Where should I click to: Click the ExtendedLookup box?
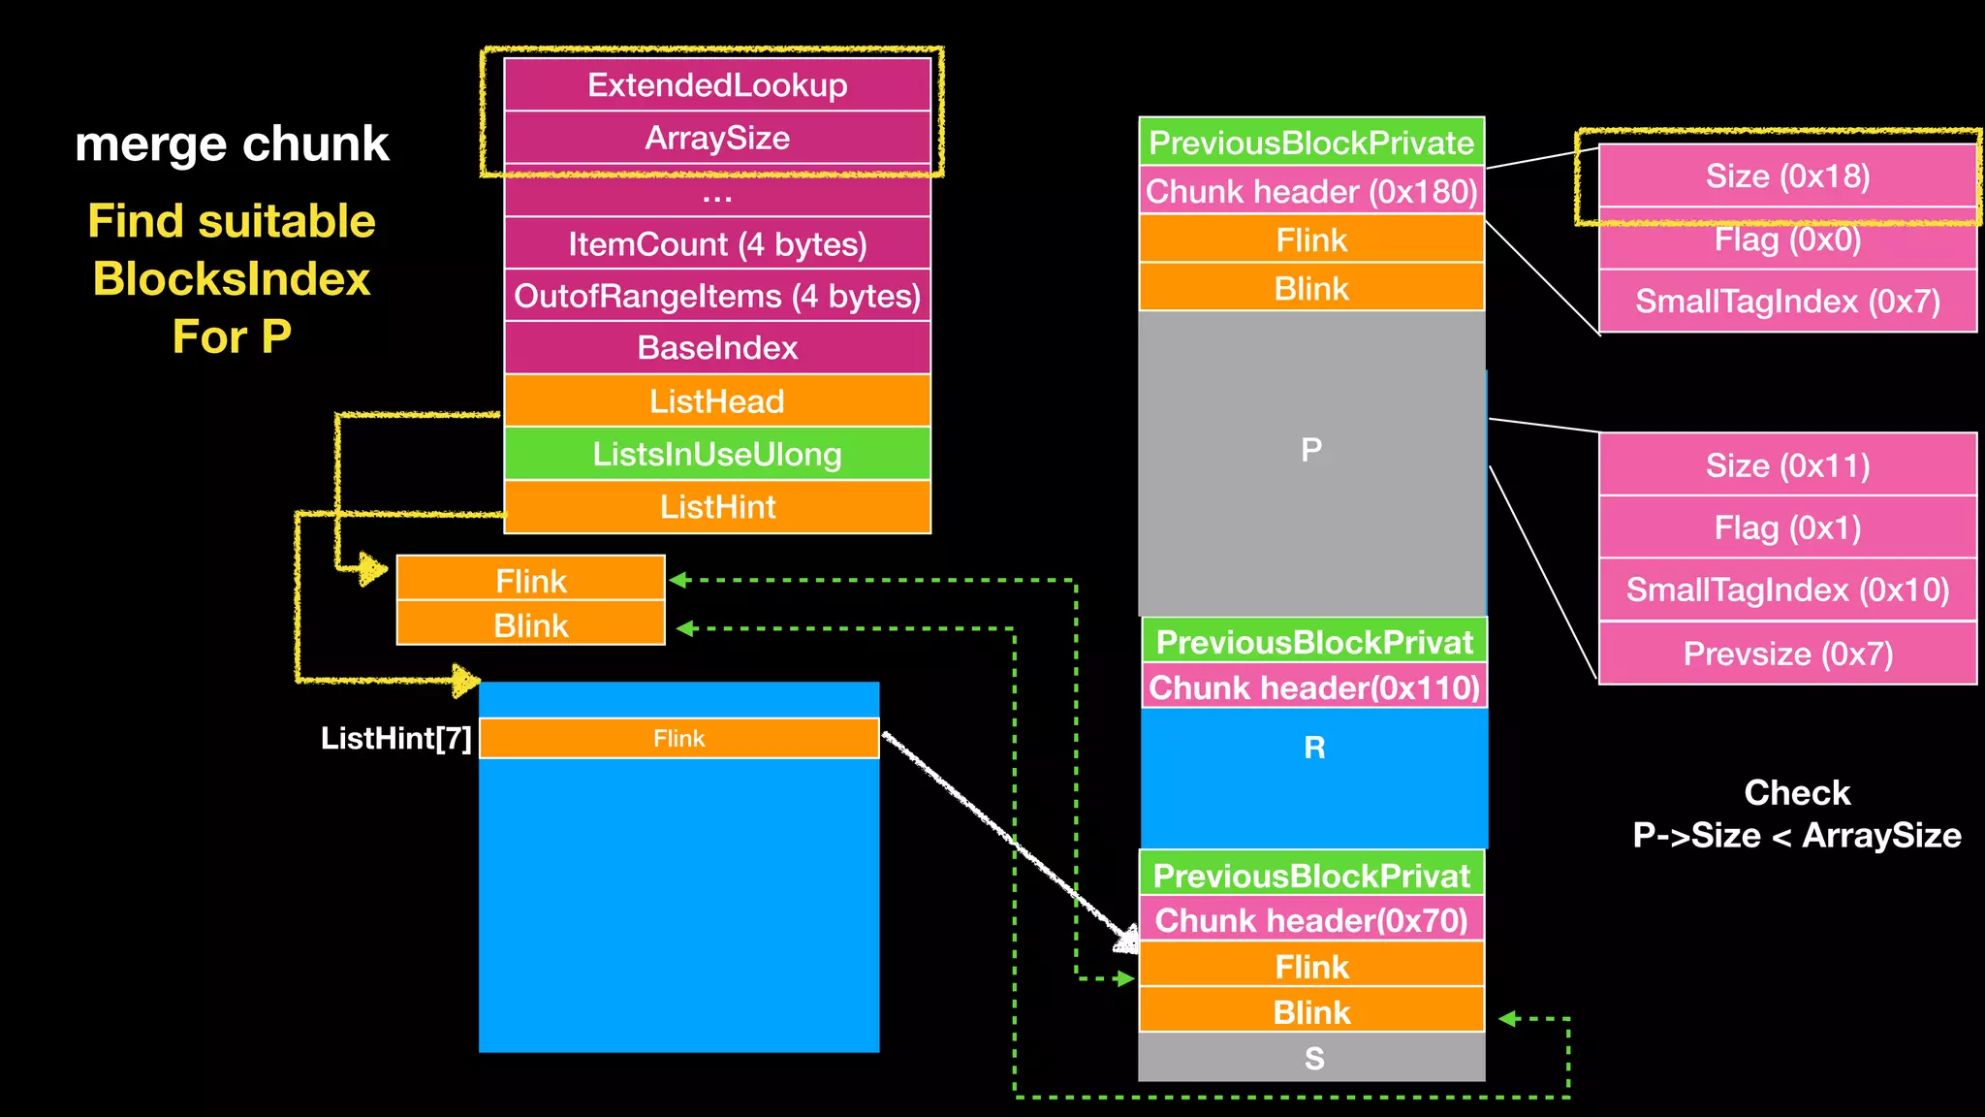point(717,85)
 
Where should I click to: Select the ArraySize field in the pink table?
point(717,138)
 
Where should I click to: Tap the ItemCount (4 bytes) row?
point(717,243)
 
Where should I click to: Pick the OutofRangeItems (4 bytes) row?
point(717,296)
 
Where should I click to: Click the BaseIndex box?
point(717,347)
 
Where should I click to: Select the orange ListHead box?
point(717,400)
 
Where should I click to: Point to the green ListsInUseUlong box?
point(717,454)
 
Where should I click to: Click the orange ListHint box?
point(717,506)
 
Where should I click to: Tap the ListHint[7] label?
point(395,739)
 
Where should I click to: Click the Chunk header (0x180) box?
point(1311,191)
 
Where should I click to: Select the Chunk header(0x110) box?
point(1314,687)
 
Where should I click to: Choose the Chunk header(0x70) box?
point(1311,919)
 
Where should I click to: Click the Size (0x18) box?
point(1787,176)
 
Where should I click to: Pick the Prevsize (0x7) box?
point(1787,654)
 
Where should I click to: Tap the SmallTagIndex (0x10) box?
point(1787,590)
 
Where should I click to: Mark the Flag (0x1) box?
point(1787,527)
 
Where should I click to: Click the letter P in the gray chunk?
point(1311,450)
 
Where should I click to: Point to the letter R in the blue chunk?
point(1314,748)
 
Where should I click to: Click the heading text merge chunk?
point(232,144)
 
